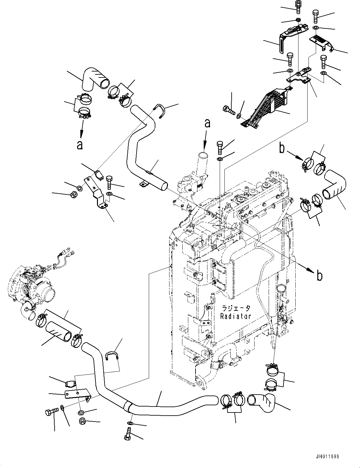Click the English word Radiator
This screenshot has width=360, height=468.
tap(235, 316)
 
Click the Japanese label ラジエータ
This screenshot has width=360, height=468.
tap(236, 308)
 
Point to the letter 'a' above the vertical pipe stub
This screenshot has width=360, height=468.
tap(207, 123)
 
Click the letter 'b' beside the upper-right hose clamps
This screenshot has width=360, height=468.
tap(282, 148)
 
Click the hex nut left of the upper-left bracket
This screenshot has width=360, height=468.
tap(74, 194)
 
